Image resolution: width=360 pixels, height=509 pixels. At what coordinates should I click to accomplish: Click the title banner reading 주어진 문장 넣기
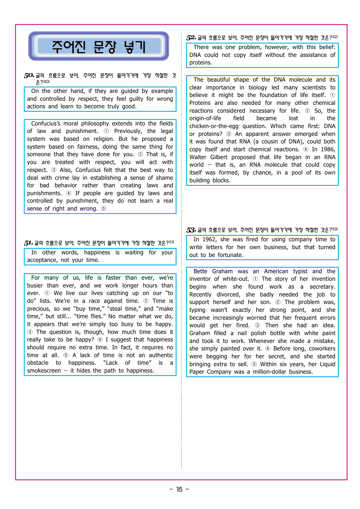[99, 46]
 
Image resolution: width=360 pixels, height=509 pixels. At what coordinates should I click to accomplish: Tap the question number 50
[29, 76]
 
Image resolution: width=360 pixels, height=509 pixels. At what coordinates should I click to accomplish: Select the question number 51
[28, 243]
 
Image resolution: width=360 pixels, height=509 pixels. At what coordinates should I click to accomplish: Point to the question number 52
[191, 38]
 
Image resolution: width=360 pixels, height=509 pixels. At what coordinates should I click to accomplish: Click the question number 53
[191, 230]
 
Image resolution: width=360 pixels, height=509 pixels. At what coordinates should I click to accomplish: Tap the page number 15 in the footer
[179, 490]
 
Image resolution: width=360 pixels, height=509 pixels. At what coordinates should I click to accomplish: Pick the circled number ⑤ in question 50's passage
[103, 209]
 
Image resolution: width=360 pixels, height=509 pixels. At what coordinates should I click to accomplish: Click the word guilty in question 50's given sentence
[136, 99]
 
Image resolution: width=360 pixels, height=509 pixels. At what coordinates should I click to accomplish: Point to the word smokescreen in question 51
[44, 371]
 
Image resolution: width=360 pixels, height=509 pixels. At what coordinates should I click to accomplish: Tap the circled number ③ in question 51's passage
[30, 332]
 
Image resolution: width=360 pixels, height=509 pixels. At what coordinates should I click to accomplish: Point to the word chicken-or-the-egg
[214, 126]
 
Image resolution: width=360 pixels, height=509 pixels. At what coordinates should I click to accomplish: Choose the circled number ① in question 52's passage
[332, 95]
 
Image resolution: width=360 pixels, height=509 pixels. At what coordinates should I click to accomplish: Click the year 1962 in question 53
[209, 240]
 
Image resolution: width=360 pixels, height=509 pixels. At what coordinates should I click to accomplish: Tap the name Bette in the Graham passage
[200, 271]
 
